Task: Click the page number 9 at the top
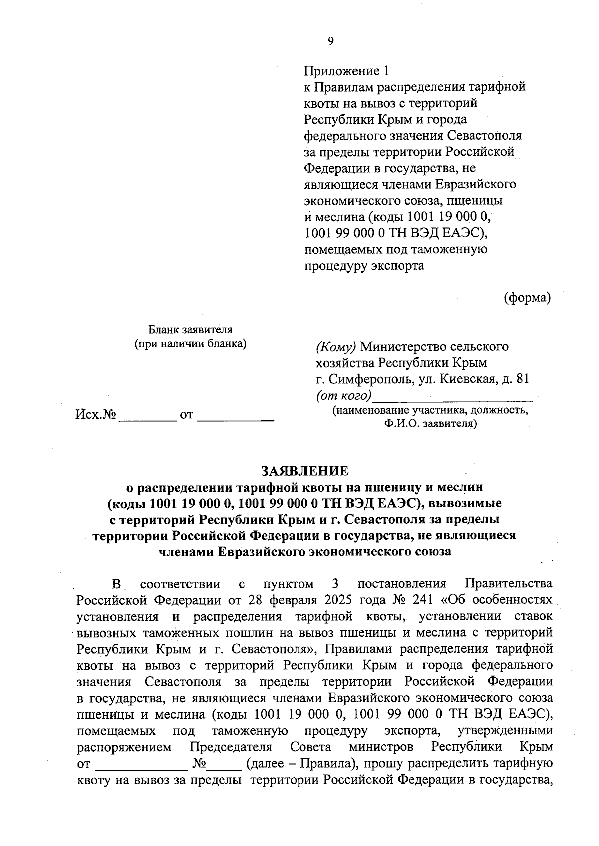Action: click(330, 41)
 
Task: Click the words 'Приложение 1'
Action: click(346, 71)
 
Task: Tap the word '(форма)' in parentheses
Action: click(527, 298)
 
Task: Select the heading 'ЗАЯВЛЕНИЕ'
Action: click(305, 470)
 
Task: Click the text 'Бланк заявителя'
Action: click(191, 330)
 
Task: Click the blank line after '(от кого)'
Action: click(453, 398)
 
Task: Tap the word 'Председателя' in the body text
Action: click(231, 747)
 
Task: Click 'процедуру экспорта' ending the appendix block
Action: click(364, 265)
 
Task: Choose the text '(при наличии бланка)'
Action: click(191, 344)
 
